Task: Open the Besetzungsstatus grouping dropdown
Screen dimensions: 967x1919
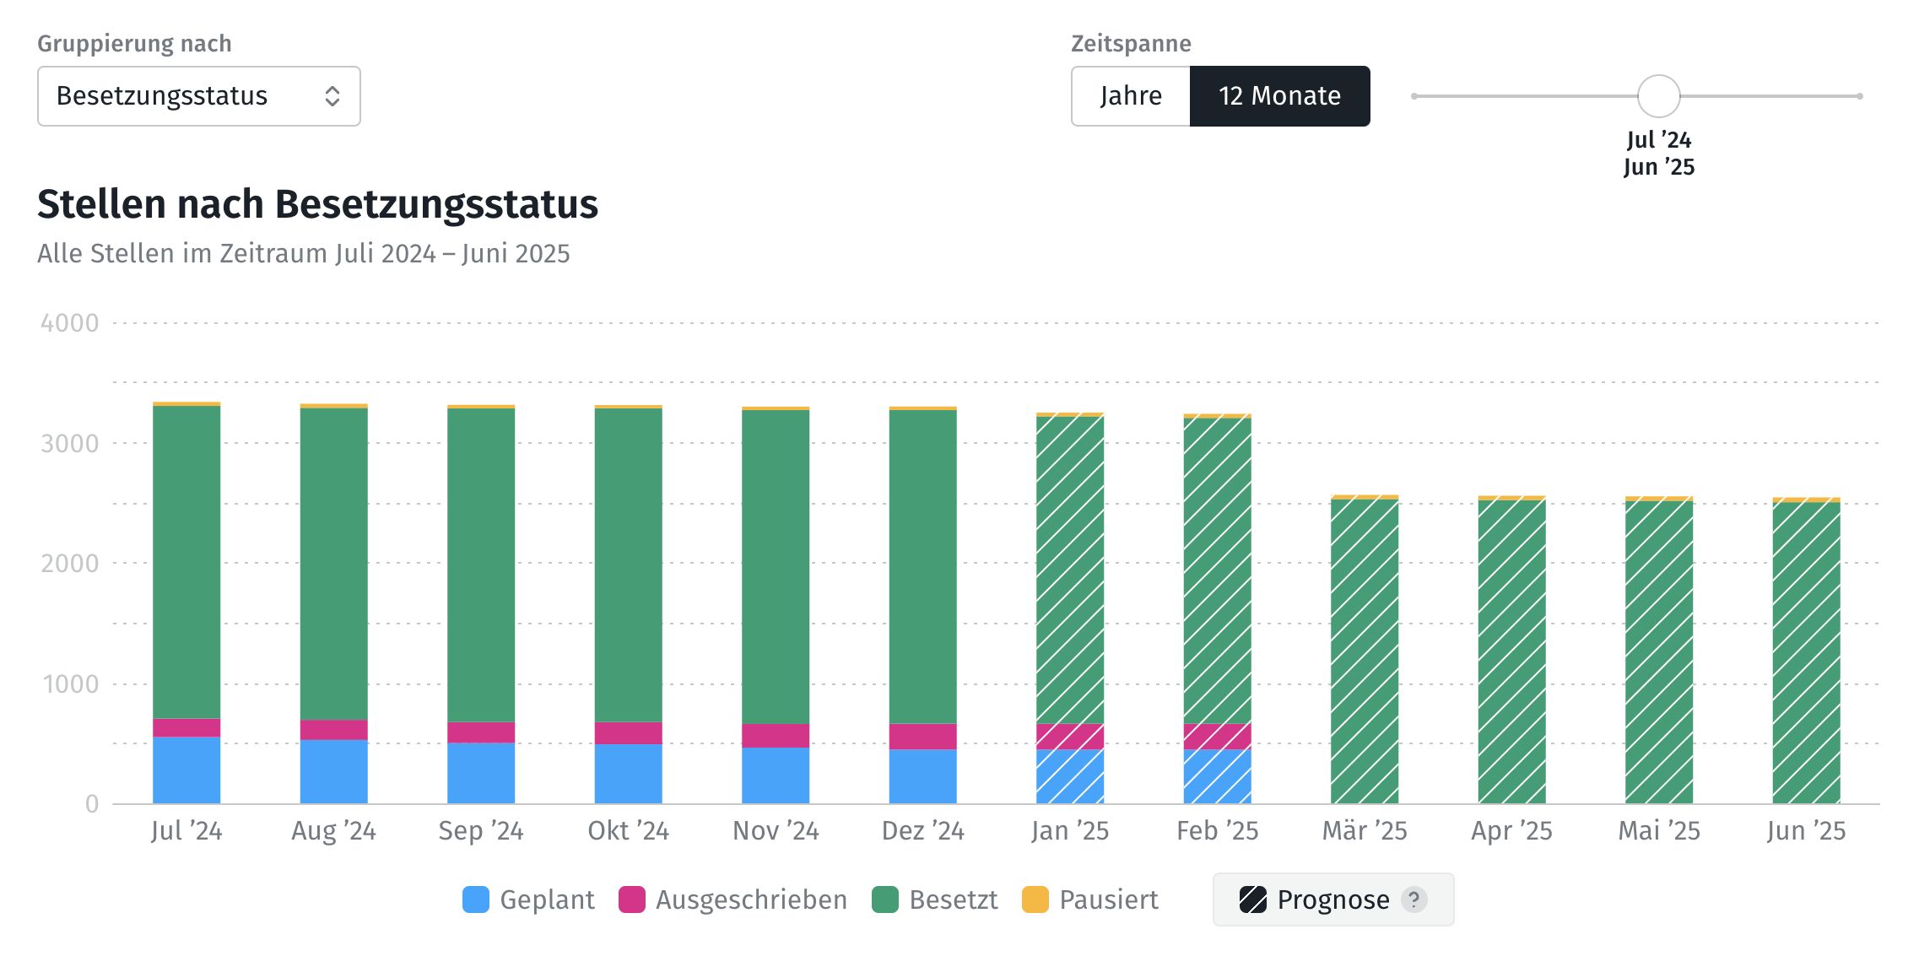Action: click(198, 96)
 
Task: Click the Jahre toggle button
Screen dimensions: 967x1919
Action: click(1131, 96)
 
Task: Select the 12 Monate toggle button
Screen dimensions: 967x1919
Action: click(1279, 96)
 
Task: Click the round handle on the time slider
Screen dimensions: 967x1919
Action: click(1658, 96)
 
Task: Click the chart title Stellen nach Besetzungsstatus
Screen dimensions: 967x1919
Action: click(317, 204)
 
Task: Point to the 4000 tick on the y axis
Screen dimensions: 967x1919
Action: click(70, 323)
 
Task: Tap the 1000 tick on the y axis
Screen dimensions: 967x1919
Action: click(70, 683)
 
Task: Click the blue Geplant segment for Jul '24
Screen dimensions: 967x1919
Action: click(186, 770)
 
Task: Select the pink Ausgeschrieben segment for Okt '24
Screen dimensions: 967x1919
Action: click(628, 732)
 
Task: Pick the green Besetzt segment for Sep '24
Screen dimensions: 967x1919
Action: click(481, 564)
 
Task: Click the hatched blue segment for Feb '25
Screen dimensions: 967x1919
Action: click(1217, 776)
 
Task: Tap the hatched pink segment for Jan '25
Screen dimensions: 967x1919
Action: click(1070, 736)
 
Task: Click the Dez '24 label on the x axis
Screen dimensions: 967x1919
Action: click(922, 831)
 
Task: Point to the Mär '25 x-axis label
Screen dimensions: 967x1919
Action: click(1365, 831)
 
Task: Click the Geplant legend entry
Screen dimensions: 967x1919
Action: click(529, 899)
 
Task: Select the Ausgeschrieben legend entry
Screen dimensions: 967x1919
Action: click(732, 899)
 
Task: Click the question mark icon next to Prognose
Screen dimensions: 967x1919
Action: click(1414, 899)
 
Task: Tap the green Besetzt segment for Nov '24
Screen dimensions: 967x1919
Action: click(776, 565)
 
